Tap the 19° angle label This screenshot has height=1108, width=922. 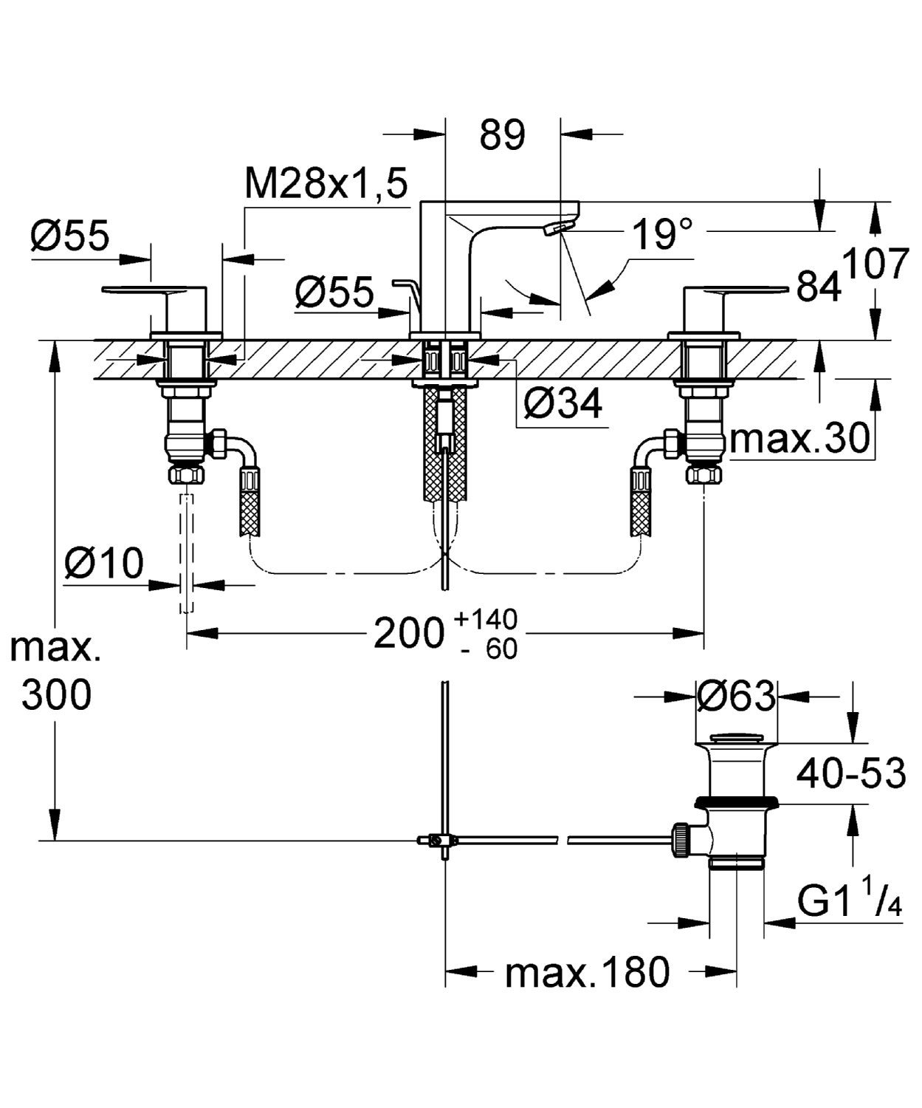663,235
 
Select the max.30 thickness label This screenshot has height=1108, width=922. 799,440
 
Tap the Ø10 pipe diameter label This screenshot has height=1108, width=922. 104,564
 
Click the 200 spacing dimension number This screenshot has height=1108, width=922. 407,633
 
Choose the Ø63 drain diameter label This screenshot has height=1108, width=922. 736,696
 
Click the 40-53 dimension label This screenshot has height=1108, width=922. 850,773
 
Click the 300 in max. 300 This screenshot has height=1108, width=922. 56,695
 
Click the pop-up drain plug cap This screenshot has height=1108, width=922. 736,738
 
